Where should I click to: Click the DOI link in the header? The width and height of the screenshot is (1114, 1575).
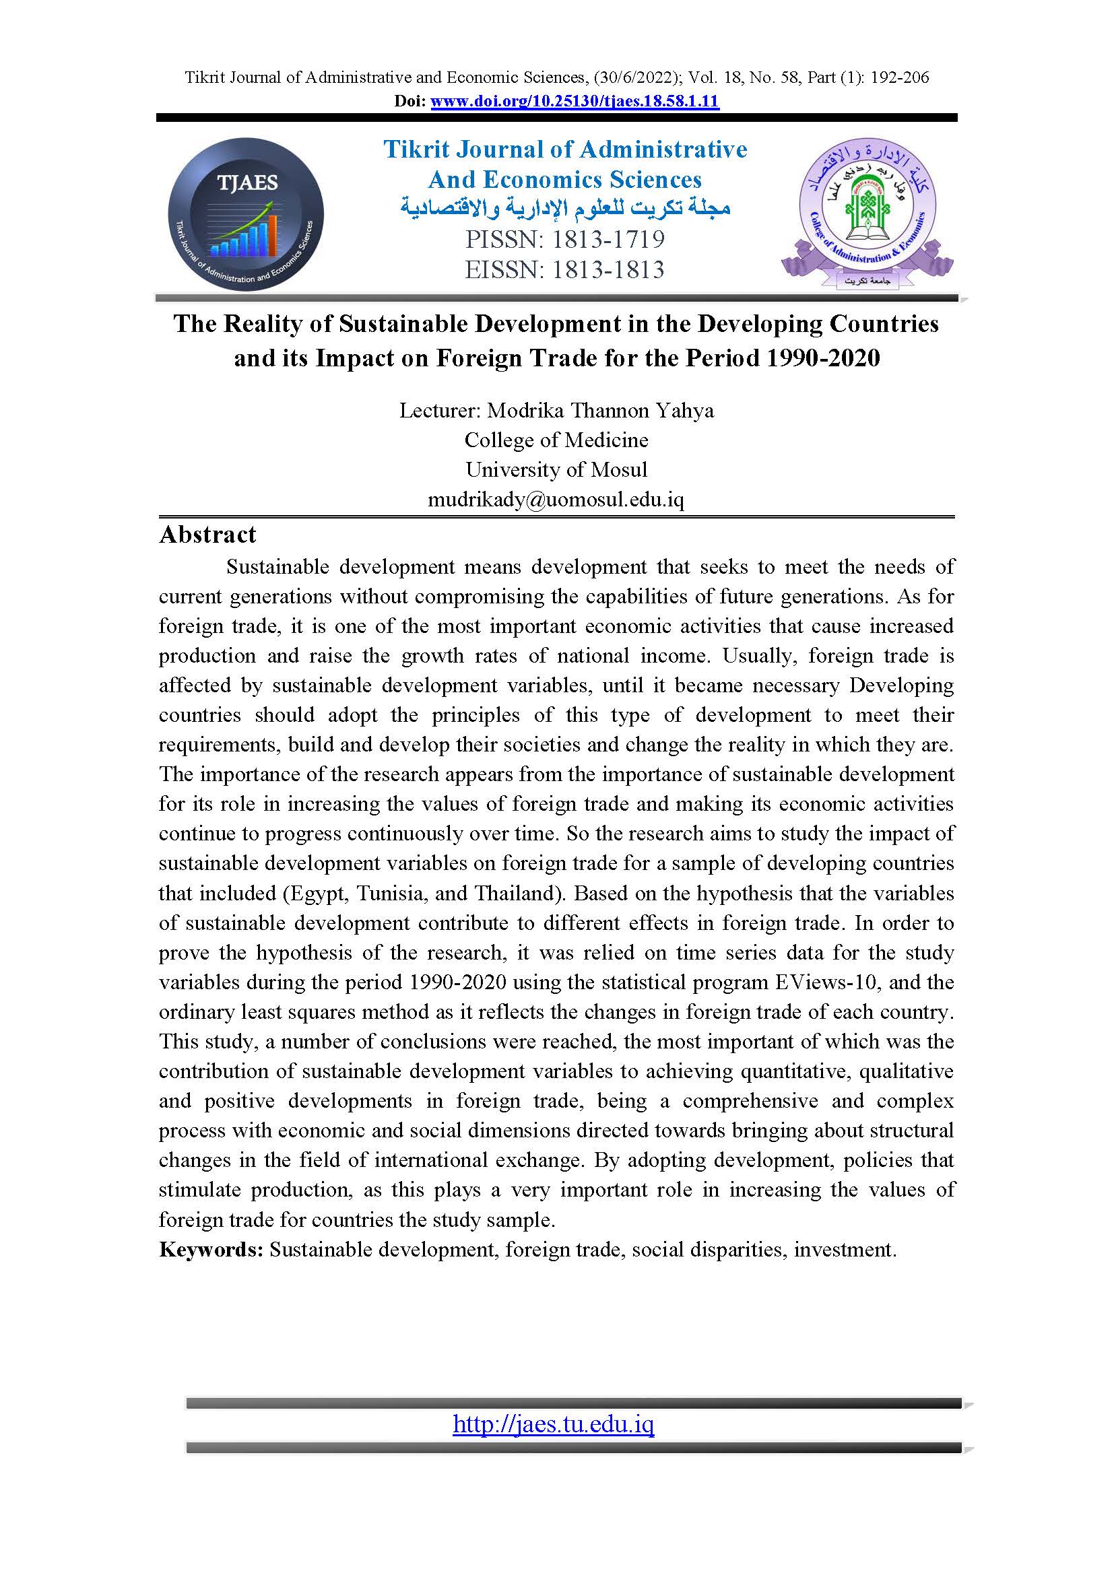pos(574,102)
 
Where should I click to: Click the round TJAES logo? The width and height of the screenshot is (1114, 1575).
pos(246,215)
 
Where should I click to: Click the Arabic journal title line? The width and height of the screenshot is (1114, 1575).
pos(565,208)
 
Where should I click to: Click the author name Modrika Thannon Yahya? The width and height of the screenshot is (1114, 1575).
pos(600,410)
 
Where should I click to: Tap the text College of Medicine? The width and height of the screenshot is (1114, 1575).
pos(556,440)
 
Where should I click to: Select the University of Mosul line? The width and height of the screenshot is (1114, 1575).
pos(556,469)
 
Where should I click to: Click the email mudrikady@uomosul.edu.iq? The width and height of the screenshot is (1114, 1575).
pos(556,499)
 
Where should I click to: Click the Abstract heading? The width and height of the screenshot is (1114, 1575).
pos(207,535)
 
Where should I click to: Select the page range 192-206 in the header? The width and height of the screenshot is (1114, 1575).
pos(899,77)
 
